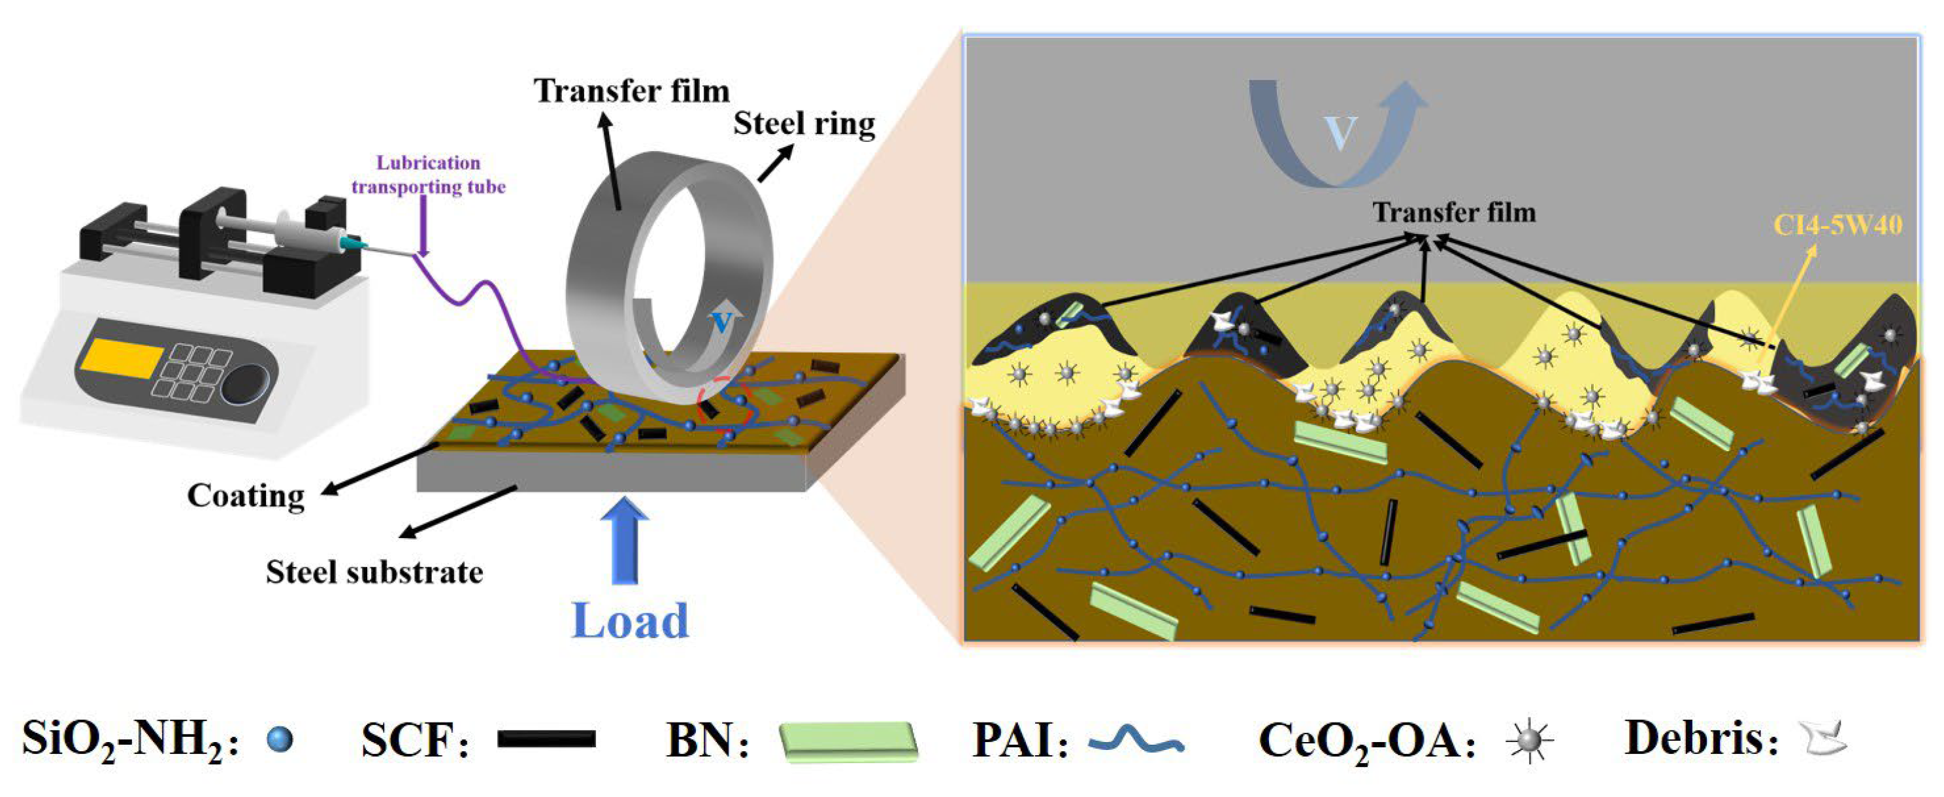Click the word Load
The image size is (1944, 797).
[x=630, y=621]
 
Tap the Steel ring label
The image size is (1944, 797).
[x=804, y=124]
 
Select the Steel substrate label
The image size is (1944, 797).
[x=374, y=572]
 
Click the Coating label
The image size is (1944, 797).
[x=246, y=496]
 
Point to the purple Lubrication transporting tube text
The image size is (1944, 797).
[x=428, y=175]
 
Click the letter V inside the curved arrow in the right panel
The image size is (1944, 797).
[x=1340, y=133]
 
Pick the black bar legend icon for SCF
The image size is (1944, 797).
[x=546, y=739]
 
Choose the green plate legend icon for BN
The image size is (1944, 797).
[x=848, y=741]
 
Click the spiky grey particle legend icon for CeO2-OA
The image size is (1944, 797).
[x=1529, y=740]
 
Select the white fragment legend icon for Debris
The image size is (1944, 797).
[x=1825, y=739]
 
